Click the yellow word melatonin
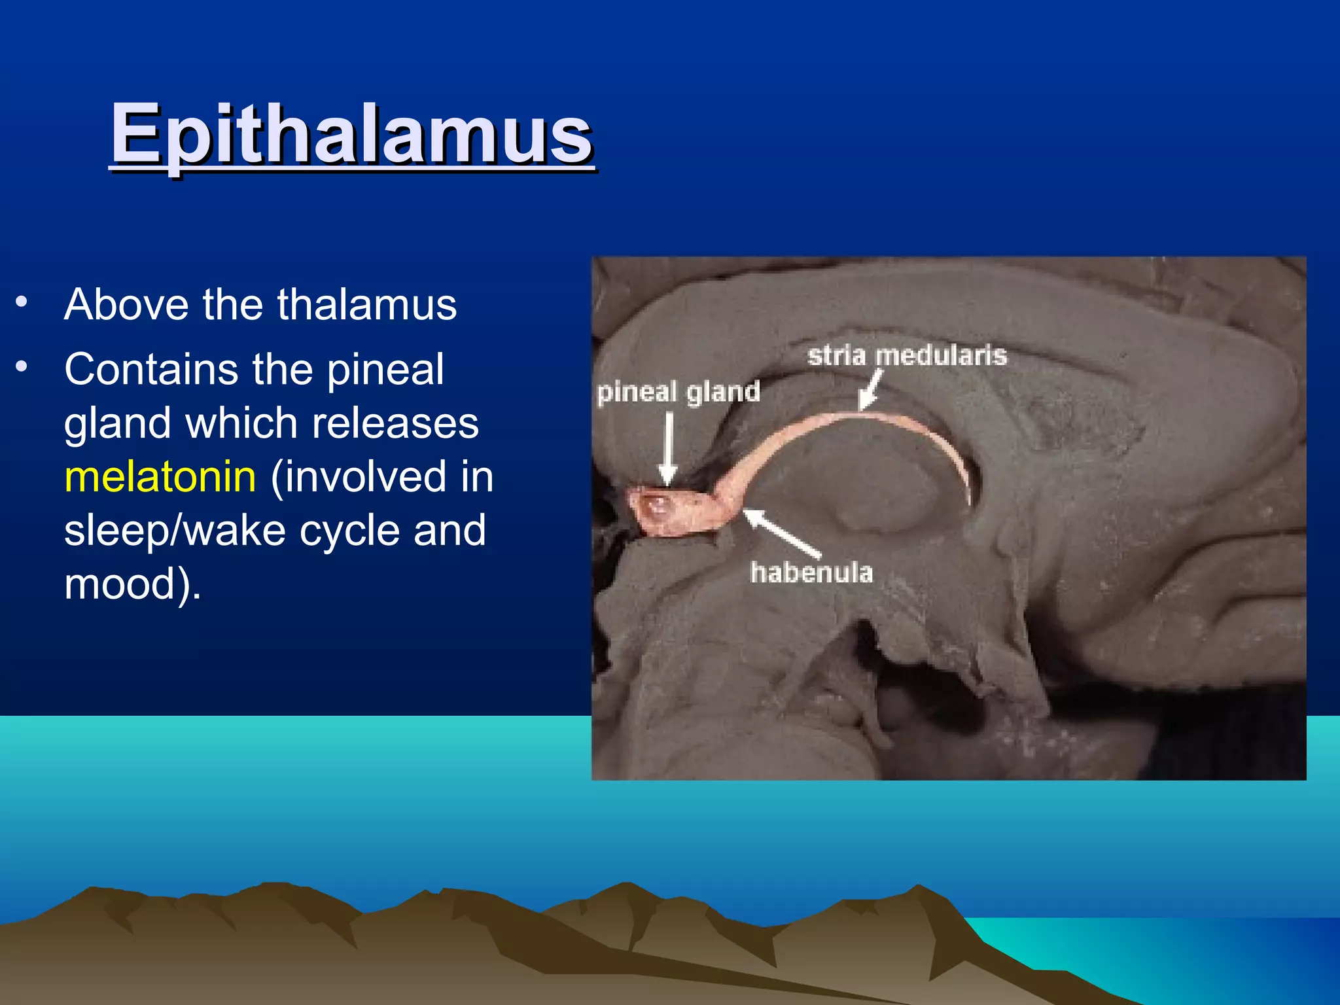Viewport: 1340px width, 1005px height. coord(160,476)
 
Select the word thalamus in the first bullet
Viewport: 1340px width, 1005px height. coord(366,305)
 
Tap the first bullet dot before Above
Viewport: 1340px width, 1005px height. coord(22,302)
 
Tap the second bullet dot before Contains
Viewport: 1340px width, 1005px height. coord(22,366)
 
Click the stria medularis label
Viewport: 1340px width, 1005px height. coord(907,356)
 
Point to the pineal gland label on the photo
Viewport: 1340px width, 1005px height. coord(679,392)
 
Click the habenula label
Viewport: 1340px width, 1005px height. coord(811,573)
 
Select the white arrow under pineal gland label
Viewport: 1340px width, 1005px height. coord(668,448)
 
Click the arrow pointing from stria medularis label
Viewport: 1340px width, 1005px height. coord(871,391)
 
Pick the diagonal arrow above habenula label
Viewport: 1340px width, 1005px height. coord(781,531)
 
